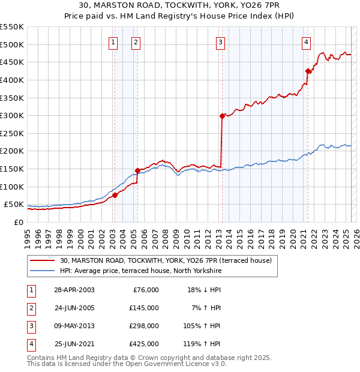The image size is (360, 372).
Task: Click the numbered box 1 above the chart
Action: click(113, 42)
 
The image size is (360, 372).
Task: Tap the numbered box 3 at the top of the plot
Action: click(221, 42)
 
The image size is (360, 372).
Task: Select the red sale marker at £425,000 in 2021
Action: click(308, 71)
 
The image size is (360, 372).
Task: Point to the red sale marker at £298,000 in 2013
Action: click(222, 116)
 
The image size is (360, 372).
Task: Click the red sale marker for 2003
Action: click(115, 194)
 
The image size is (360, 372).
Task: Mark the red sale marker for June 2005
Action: click(137, 170)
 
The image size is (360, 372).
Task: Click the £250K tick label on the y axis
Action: click(12, 133)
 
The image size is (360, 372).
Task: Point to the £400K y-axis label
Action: click(12, 80)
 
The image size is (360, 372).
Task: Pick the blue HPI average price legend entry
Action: click(141, 271)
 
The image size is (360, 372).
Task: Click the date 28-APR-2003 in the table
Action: click(74, 290)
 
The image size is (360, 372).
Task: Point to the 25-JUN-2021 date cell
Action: click(74, 344)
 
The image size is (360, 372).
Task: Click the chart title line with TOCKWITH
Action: click(180, 6)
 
